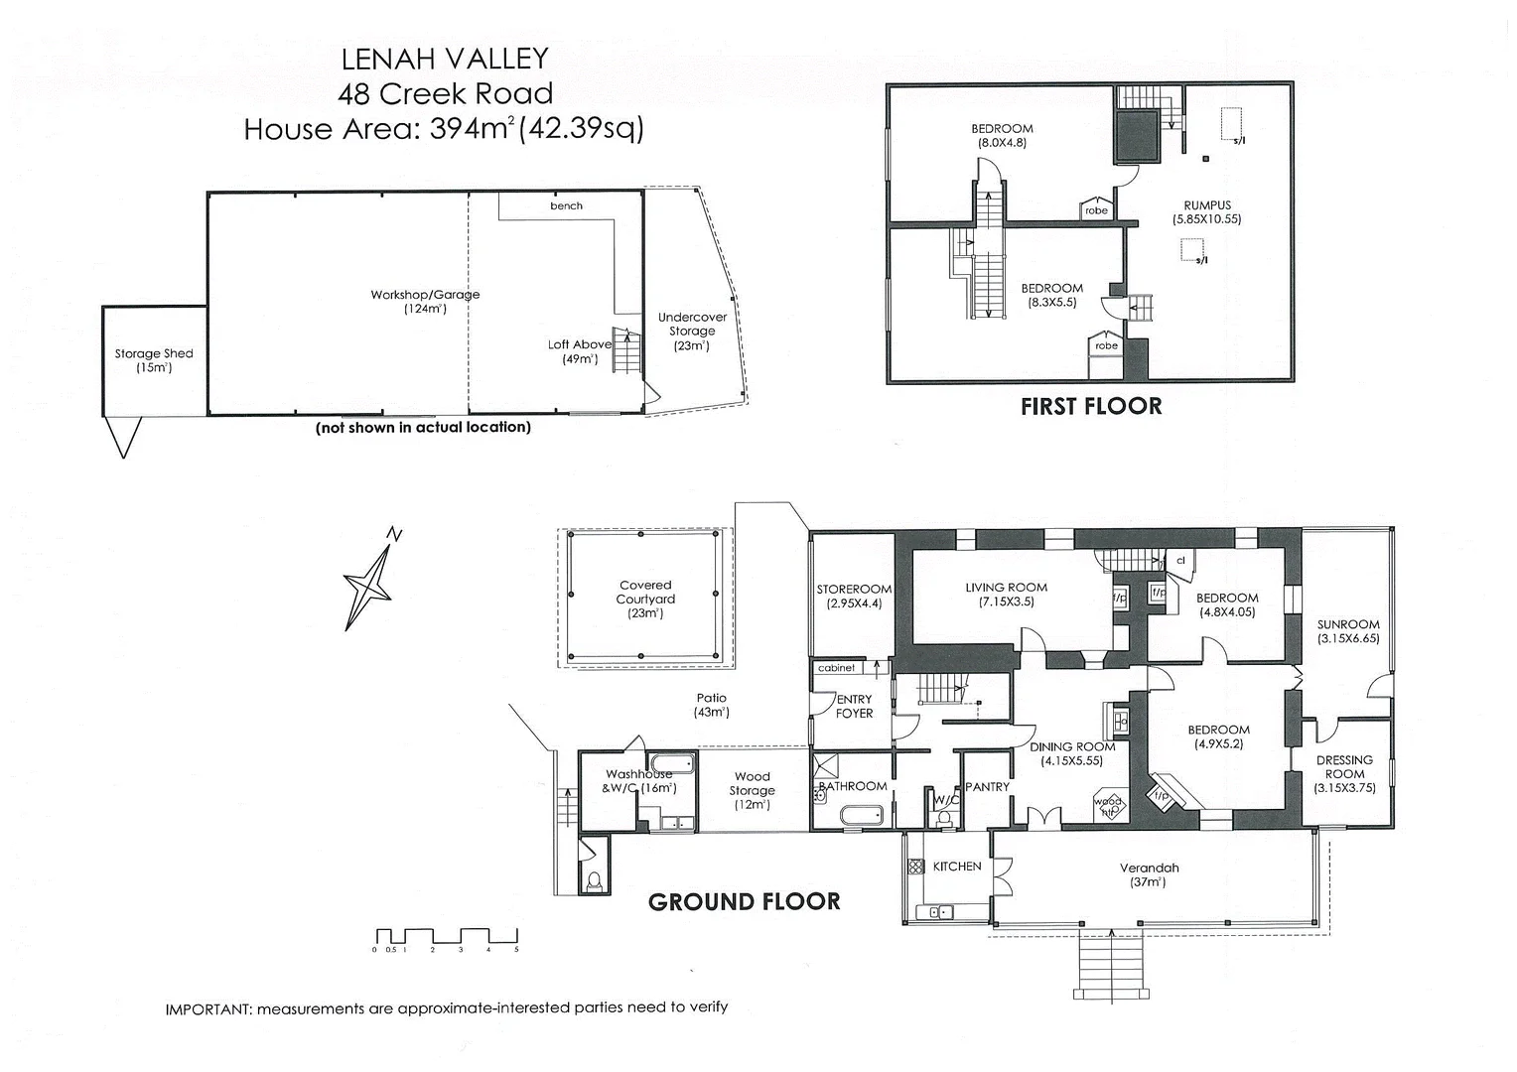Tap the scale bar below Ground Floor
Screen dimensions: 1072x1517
447,936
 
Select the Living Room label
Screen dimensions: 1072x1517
1006,588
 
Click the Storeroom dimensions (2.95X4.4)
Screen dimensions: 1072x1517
854,603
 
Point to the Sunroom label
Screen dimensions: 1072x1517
1348,624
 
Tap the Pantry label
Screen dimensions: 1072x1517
987,786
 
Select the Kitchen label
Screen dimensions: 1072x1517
957,867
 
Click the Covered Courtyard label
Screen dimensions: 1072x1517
645,592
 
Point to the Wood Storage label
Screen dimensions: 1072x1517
752,783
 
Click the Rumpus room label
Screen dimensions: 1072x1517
1207,205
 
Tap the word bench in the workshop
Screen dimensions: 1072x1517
566,206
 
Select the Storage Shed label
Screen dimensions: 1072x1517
154,353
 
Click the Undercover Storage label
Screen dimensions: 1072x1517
692,325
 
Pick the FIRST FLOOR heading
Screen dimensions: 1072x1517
1090,406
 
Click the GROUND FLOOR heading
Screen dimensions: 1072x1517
744,901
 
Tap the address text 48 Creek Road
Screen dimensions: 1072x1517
445,93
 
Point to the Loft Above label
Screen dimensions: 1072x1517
580,344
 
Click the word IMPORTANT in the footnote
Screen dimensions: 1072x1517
207,1008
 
